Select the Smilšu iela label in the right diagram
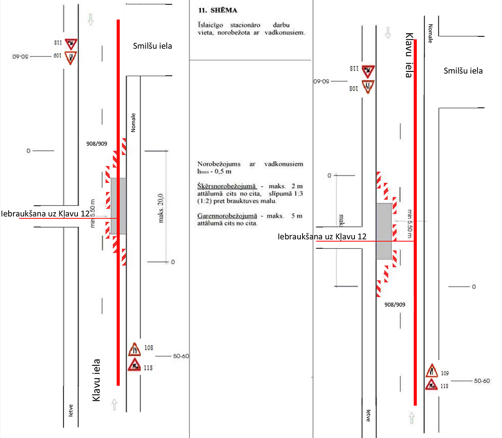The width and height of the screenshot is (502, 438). tap(463, 71)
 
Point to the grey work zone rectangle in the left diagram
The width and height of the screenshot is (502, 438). tap(118, 206)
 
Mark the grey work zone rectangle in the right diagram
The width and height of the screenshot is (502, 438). tap(384, 231)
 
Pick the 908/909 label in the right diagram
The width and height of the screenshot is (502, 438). tap(395, 304)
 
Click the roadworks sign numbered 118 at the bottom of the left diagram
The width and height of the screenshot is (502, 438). tap(134, 364)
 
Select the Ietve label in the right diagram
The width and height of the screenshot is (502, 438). tap(369, 416)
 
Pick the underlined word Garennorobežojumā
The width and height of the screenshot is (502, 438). tap(227, 216)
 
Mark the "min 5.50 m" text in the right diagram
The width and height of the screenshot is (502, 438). tap(409, 225)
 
